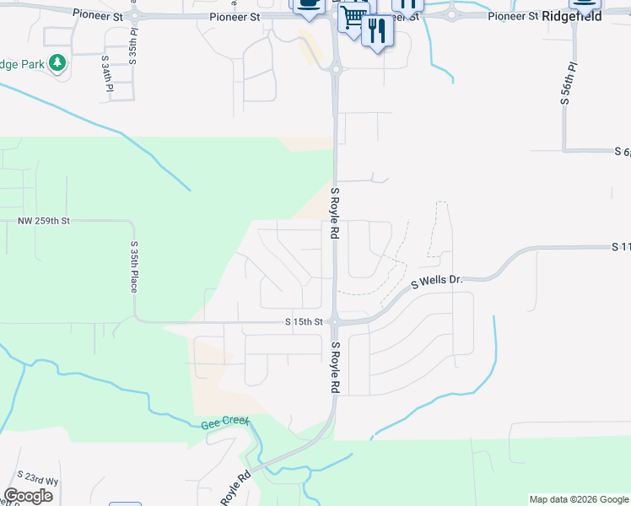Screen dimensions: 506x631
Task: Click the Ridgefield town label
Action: pyautogui.click(x=572, y=15)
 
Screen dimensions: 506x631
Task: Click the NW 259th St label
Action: pyautogui.click(x=43, y=220)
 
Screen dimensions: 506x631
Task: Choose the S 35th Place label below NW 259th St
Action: pyautogui.click(x=133, y=266)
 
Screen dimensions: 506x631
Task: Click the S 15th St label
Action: pyautogui.click(x=305, y=322)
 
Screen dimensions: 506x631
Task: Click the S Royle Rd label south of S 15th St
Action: pyautogui.click(x=335, y=368)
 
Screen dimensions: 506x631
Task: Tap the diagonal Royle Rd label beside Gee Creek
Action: pyautogui.click(x=235, y=487)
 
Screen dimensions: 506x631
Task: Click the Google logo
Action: pyautogui.click(x=29, y=496)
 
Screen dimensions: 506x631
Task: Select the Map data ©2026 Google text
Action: pyautogui.click(x=579, y=499)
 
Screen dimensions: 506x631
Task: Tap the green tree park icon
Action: pyautogui.click(x=57, y=64)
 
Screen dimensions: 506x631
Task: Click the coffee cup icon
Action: pyautogui.click(x=308, y=4)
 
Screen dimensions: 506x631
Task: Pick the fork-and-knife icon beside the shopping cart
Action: pyautogui.click(x=376, y=31)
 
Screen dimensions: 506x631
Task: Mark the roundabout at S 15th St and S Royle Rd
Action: pyautogui.click(x=335, y=321)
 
